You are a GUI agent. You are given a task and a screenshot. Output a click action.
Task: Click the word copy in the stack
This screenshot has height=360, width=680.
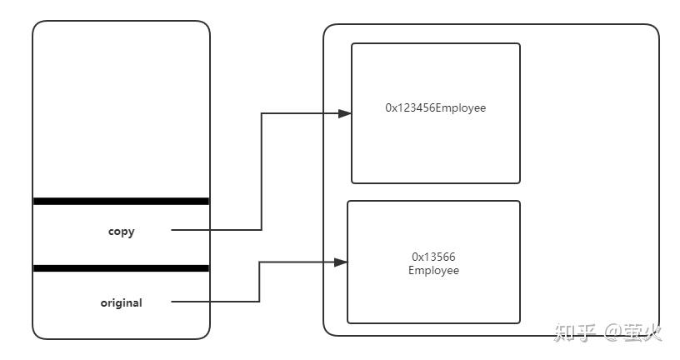click(121, 232)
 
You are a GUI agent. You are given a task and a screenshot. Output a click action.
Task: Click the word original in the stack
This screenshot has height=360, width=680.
click(121, 303)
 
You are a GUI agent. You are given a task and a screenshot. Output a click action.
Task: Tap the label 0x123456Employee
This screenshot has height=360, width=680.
click(435, 107)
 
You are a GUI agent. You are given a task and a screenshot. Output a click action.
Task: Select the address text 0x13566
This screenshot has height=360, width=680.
click(433, 257)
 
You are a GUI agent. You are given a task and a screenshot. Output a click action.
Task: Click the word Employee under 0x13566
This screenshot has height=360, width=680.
click(433, 271)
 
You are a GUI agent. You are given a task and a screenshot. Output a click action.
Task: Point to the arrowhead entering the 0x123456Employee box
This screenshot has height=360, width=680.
click(344, 113)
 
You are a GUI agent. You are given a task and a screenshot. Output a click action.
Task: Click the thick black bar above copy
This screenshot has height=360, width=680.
click(121, 201)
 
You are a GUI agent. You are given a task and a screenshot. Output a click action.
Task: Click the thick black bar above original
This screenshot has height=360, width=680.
click(121, 268)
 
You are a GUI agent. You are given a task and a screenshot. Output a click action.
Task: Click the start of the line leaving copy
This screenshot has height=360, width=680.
click(173, 229)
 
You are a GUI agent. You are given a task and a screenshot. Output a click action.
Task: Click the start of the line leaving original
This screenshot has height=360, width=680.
click(173, 301)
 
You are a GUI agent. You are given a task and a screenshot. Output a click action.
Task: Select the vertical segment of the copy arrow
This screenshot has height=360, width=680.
click(262, 171)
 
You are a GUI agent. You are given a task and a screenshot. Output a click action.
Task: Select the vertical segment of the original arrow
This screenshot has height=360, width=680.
click(260, 282)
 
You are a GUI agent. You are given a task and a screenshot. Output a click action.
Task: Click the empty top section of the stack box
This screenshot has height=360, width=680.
click(121, 108)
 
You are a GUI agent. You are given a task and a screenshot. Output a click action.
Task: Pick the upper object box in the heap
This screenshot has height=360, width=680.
click(435, 150)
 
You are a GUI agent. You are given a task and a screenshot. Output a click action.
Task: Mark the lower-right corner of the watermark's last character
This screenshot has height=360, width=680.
click(662, 342)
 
